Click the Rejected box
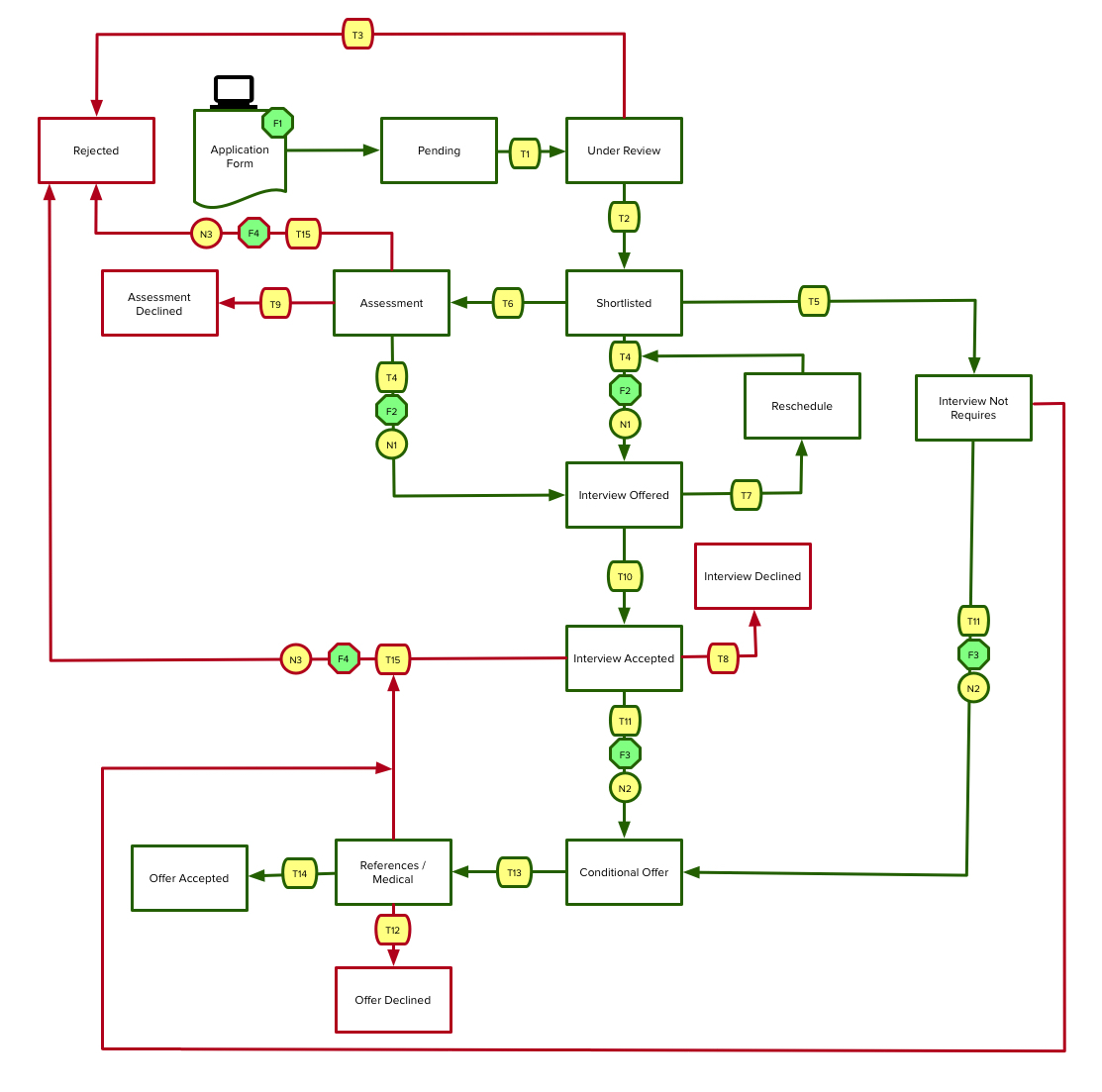pyautogui.click(x=96, y=150)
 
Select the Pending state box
pyautogui.click(x=439, y=150)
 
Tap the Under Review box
pyautogui.click(x=624, y=150)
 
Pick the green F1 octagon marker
pyautogui.click(x=277, y=123)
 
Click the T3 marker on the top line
pyautogui.click(x=357, y=35)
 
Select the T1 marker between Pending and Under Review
pyautogui.click(x=525, y=153)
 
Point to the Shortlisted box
pyautogui.click(x=624, y=303)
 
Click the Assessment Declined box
pyautogui.click(x=159, y=303)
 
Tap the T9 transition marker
pyautogui.click(x=275, y=303)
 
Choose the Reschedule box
pyautogui.click(x=802, y=406)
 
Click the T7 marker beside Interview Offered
pyautogui.click(x=746, y=495)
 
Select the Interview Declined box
pyautogui.click(x=752, y=576)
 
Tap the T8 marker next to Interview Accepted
pyautogui.click(x=723, y=658)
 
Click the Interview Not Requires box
pyautogui.click(x=973, y=408)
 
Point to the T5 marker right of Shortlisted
pyautogui.click(x=814, y=301)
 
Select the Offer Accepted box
pyautogui.click(x=189, y=878)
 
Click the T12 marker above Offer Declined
pyautogui.click(x=393, y=930)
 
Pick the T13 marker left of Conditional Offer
pyautogui.click(x=514, y=872)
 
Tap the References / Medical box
pyautogui.click(x=393, y=872)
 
